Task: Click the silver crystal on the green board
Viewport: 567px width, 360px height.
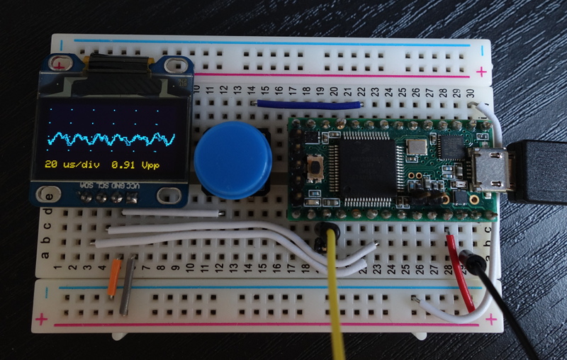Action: [416, 147]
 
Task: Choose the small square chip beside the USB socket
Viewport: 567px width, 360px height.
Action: [449, 147]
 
